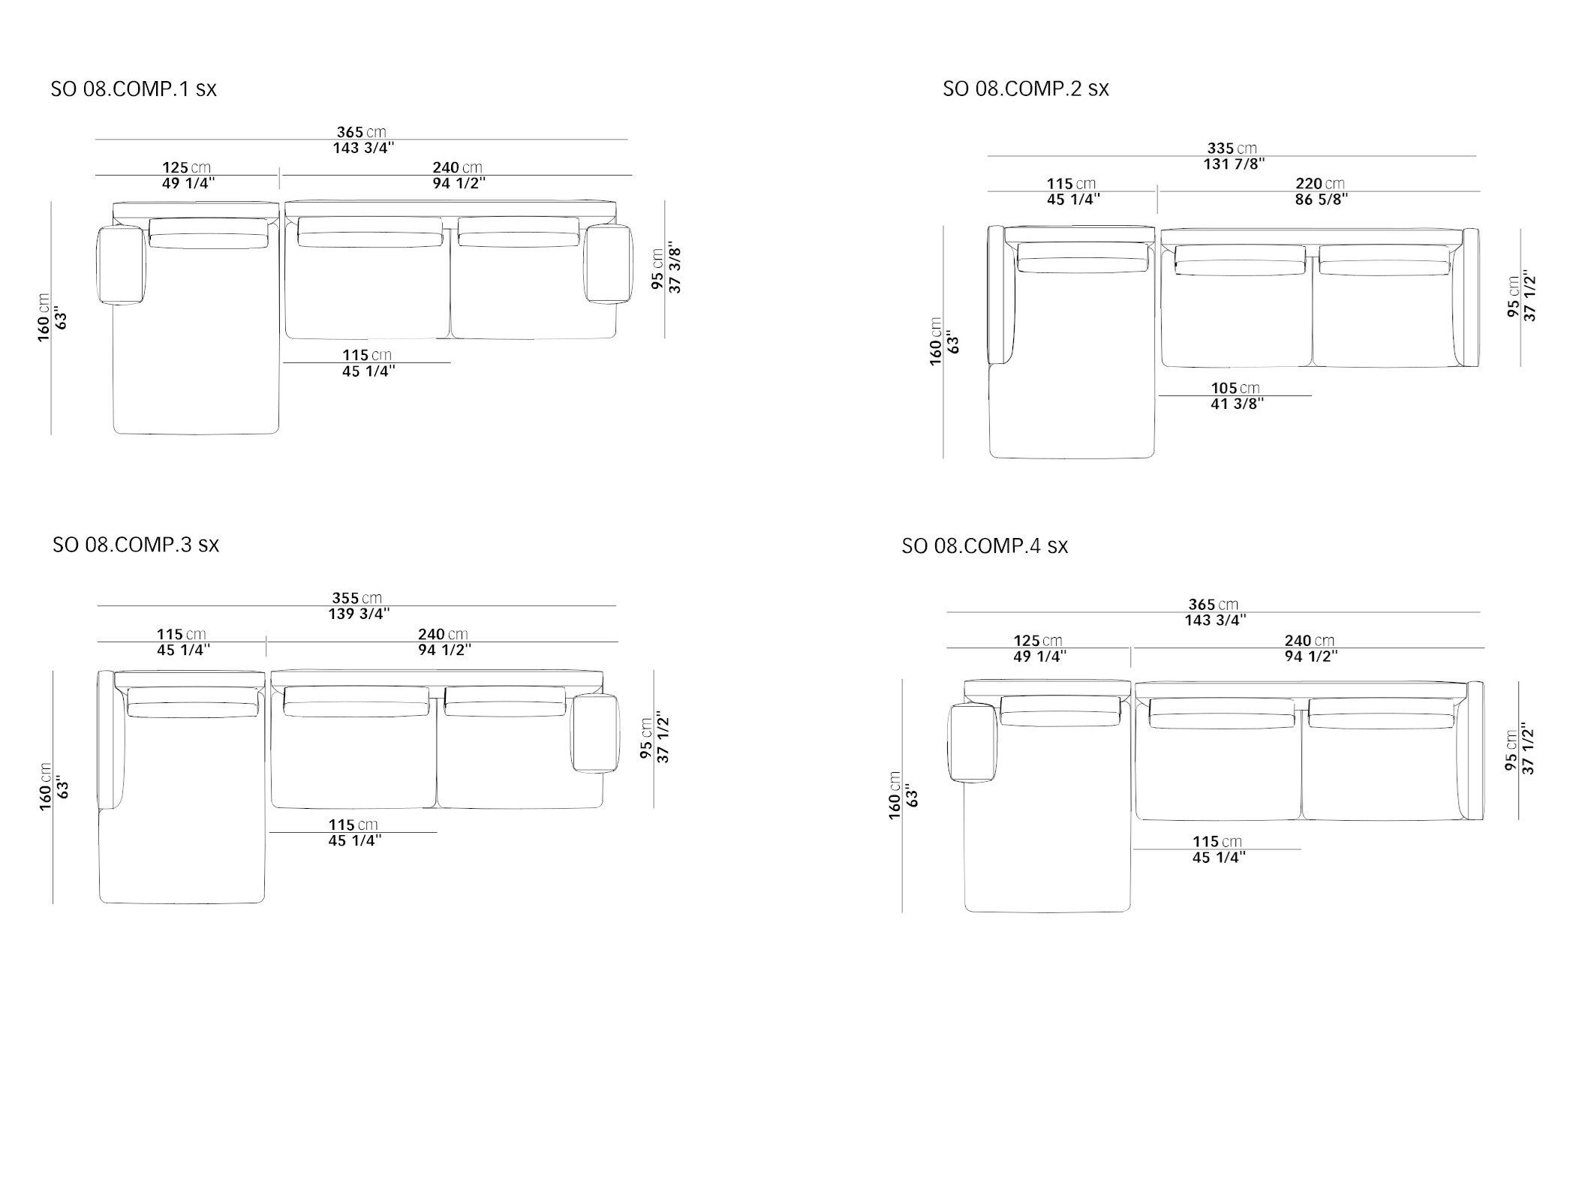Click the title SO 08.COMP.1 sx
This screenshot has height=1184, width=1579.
click(x=134, y=89)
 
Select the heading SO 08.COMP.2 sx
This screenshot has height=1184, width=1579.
click(x=1025, y=89)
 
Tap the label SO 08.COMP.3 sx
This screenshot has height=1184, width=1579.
click(x=136, y=545)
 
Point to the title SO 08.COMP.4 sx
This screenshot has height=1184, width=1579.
click(x=985, y=546)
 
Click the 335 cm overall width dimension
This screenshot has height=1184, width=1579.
click(x=1232, y=148)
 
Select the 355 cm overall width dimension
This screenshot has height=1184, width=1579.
click(x=356, y=598)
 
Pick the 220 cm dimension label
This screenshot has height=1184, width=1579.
click(x=1319, y=183)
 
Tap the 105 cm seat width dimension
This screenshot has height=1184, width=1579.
click(x=1235, y=388)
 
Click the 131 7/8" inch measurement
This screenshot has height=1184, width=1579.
click(x=1234, y=164)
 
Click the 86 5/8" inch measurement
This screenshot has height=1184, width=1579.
click(x=1322, y=200)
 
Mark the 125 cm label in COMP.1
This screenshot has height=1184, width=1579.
click(x=186, y=167)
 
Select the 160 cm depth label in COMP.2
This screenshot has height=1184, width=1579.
click(x=935, y=341)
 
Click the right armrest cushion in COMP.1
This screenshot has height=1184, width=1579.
click(x=608, y=264)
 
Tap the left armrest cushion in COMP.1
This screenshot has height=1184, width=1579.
click(x=122, y=266)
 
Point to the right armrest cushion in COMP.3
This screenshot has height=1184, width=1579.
click(x=595, y=733)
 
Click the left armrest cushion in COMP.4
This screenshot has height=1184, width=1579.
click(x=973, y=742)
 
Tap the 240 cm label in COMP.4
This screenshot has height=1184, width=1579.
click(x=1310, y=641)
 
